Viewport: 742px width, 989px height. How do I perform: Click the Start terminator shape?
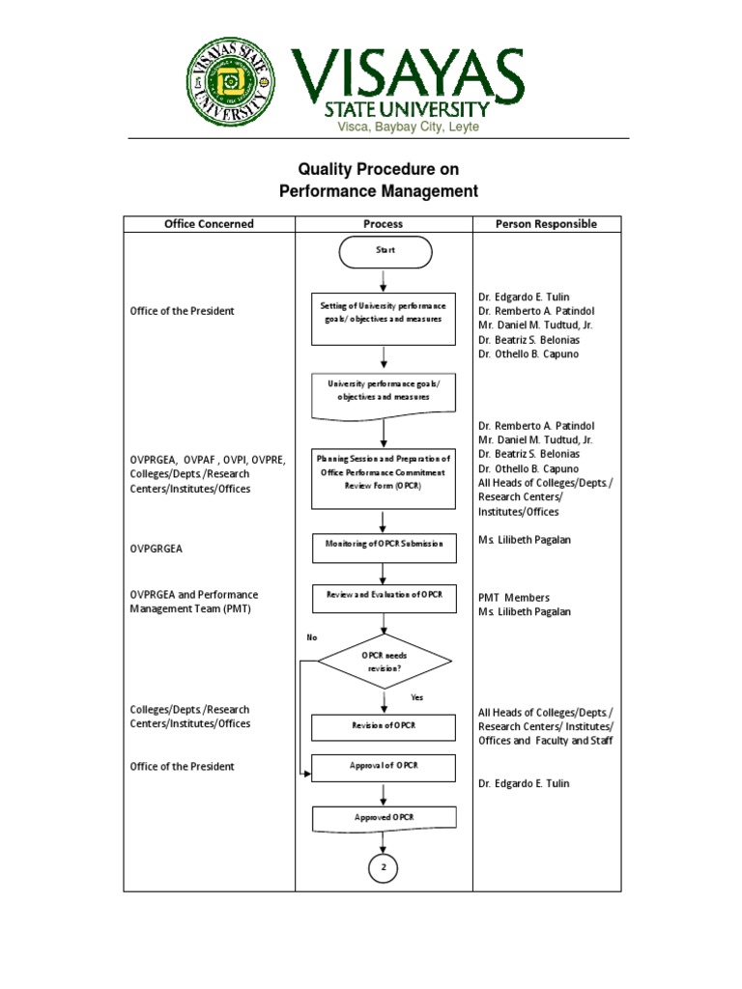pos(385,251)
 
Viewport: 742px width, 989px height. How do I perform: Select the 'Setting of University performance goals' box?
pos(384,318)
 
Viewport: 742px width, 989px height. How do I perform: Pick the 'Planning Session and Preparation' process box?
pos(384,478)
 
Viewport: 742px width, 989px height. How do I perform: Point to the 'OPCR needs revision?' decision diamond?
pos(385,662)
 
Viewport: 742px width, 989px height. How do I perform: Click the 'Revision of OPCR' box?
pos(384,727)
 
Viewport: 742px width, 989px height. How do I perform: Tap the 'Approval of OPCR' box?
pos(384,768)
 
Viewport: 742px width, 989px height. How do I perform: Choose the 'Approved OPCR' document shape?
pos(384,818)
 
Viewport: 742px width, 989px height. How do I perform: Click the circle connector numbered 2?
pos(384,868)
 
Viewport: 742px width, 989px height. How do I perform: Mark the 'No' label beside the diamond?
pos(312,638)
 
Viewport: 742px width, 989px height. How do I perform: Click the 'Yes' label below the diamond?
pos(416,697)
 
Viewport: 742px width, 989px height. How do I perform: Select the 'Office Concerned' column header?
pos(209,224)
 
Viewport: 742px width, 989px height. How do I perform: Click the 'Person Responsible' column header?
pos(546,224)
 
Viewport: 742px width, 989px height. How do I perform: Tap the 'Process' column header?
pos(384,224)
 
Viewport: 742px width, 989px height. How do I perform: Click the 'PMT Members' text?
pos(513,598)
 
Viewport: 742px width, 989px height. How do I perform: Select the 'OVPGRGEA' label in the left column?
pos(157,549)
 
